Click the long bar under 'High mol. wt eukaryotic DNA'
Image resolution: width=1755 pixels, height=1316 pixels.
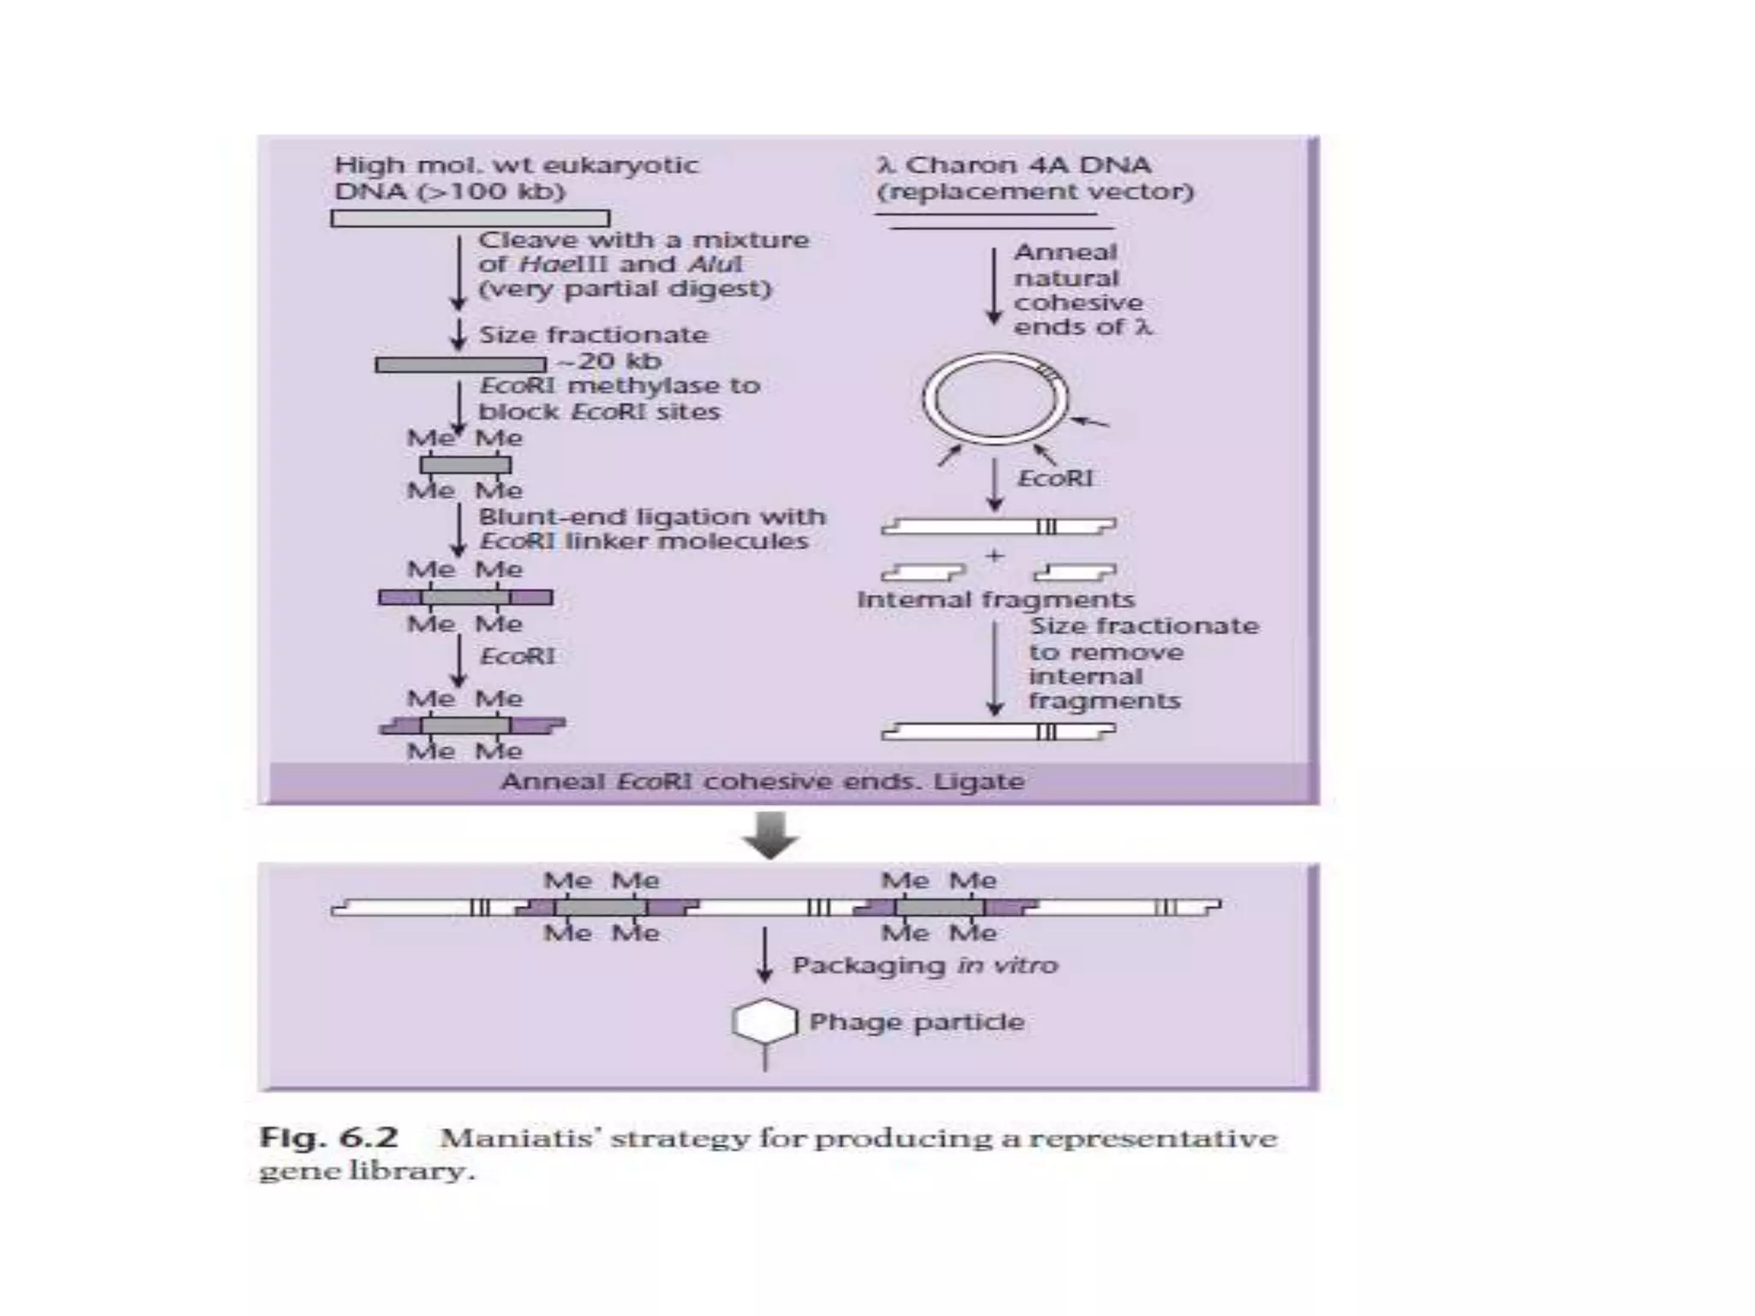470,219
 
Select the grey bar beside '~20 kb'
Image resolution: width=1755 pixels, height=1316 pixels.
461,365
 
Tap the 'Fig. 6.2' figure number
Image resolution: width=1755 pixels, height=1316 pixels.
329,1139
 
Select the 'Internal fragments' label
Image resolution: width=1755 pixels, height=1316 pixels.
996,600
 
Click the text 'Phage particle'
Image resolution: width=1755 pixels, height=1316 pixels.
917,1022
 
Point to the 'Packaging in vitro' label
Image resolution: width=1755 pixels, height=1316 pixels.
925,966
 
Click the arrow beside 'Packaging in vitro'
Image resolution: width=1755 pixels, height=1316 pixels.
764,954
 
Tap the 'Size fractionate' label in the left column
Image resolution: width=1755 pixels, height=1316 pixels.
593,335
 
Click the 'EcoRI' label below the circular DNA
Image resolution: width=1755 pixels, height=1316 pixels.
1055,478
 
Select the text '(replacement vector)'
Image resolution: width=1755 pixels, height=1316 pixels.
1035,191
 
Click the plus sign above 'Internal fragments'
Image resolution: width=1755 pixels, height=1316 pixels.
994,556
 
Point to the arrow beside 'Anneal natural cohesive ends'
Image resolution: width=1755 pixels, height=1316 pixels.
994,286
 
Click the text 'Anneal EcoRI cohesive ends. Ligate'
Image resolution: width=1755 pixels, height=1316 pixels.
763,781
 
